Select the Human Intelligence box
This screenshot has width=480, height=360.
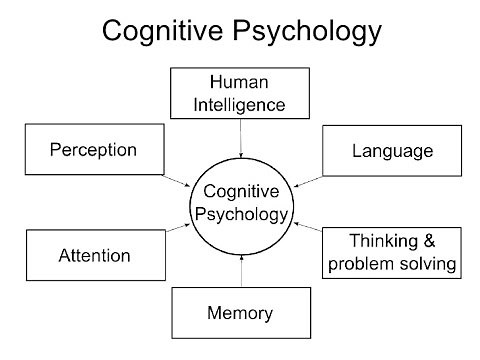click(x=241, y=92)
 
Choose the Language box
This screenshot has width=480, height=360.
click(x=392, y=152)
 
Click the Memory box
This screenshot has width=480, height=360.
click(x=240, y=313)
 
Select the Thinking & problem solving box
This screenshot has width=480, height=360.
click(x=393, y=253)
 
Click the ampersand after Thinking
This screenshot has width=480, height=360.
click(x=446, y=241)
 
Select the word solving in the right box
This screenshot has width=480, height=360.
click(x=430, y=264)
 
